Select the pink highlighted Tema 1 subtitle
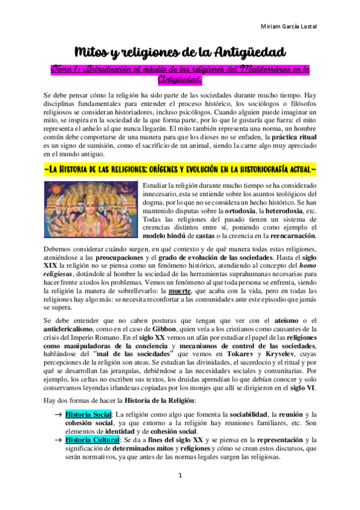[x=180, y=75]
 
